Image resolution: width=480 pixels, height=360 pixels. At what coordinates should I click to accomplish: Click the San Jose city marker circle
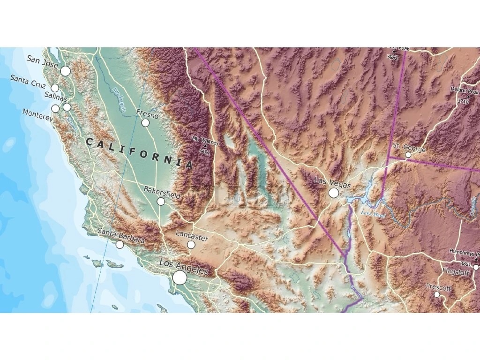point(65,71)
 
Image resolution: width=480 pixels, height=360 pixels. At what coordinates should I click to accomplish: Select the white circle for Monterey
point(55,108)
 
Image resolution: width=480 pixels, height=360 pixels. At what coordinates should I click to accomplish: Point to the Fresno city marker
point(145,122)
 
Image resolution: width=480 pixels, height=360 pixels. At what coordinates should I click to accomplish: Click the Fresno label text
point(147,113)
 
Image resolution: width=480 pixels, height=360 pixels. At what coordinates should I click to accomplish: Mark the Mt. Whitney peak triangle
point(204,145)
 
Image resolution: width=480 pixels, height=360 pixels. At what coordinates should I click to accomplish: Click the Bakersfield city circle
point(161,201)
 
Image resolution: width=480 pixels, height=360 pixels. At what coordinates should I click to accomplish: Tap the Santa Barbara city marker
point(120,244)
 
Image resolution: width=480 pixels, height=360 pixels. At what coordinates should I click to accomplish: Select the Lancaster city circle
point(191,245)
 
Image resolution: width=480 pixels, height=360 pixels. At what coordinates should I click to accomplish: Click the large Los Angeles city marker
point(180,278)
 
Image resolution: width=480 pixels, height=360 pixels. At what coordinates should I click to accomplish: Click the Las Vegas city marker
point(334,193)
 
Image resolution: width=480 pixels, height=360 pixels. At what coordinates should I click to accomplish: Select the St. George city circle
point(408,155)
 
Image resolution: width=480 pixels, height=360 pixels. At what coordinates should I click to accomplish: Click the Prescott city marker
point(437,294)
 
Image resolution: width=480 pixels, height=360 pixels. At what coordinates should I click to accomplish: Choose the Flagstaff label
point(457,271)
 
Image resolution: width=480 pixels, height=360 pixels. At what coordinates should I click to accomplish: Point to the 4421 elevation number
point(204,152)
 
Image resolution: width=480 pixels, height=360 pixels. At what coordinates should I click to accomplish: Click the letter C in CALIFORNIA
point(89,141)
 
